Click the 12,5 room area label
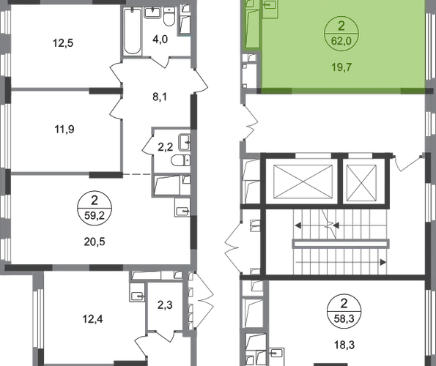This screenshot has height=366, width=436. (x=63, y=43)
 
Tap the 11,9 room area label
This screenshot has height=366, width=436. (x=64, y=130)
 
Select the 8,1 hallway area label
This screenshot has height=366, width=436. (x=160, y=97)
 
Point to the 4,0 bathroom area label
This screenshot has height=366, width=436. (x=160, y=40)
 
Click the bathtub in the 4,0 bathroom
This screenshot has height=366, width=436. (x=132, y=31)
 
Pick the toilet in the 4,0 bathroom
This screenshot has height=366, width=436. (x=169, y=16)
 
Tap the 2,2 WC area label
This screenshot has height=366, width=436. (x=165, y=147)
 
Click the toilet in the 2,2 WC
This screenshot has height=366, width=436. (x=181, y=160)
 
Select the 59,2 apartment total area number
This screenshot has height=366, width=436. (x=95, y=215)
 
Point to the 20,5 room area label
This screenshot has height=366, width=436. (x=95, y=242)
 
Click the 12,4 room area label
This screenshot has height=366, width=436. (x=92, y=319)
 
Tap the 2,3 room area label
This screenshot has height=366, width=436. (x=165, y=305)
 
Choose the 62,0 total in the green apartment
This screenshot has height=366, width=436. (x=341, y=41)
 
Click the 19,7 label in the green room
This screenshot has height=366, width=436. (x=341, y=67)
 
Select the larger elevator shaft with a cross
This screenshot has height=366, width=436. (x=303, y=182)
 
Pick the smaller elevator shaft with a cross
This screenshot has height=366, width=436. (x=362, y=182)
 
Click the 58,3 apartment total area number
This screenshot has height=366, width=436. (x=344, y=318)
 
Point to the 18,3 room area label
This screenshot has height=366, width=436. (x=344, y=346)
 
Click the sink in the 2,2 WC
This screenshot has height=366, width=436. (x=185, y=142)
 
